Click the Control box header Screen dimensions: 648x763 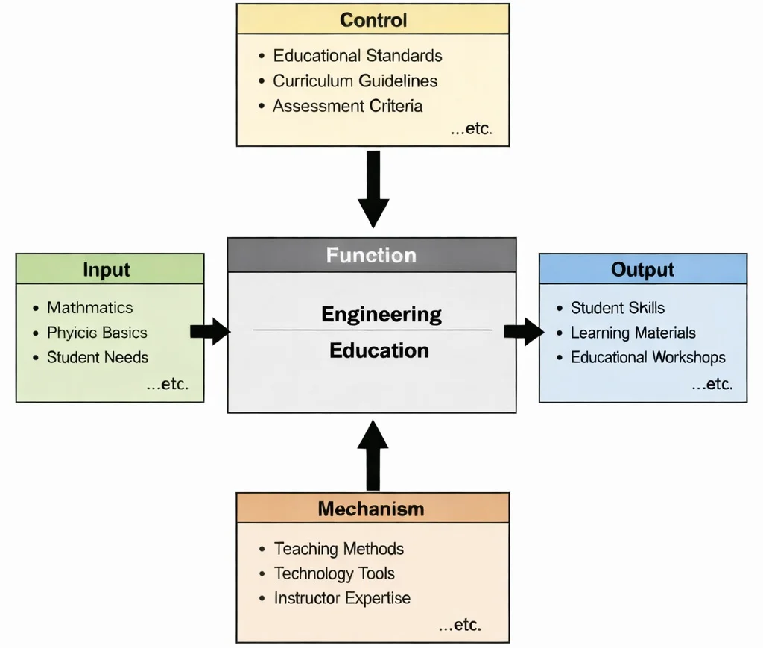(x=373, y=19)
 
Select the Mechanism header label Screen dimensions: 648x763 (x=371, y=509)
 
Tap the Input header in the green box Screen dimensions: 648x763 (x=107, y=269)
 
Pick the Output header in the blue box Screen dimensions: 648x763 (x=642, y=269)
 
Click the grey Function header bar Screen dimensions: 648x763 (x=371, y=255)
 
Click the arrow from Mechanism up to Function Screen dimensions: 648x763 (x=373, y=455)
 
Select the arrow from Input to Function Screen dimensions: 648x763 (x=211, y=332)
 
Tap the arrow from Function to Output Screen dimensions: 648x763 (x=525, y=332)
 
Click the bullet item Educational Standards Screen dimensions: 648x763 (x=357, y=56)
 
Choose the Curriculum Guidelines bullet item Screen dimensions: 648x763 (x=355, y=81)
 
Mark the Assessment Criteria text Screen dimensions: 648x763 (x=347, y=106)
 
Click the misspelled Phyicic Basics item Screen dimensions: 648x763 (x=97, y=333)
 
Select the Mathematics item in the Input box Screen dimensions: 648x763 (x=89, y=307)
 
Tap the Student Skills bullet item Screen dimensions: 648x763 (x=617, y=307)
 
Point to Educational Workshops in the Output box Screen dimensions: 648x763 (x=648, y=357)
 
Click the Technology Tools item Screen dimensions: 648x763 (x=334, y=573)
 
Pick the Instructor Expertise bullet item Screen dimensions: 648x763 (x=342, y=598)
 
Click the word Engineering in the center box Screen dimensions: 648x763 (x=381, y=315)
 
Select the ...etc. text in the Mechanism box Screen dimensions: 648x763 (x=460, y=625)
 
